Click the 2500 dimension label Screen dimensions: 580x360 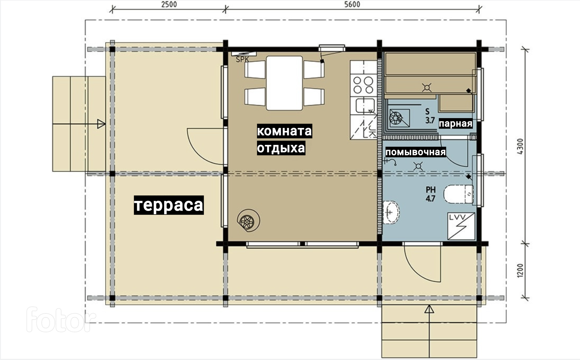(169, 4)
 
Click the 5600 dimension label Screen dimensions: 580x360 (352, 4)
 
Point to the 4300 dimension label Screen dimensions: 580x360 (520, 146)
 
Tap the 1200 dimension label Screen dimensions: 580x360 (520, 270)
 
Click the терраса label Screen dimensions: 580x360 (169, 205)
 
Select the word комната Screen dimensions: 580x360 (284, 131)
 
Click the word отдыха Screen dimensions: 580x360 (281, 148)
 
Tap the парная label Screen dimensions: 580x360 (456, 123)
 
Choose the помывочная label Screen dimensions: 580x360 (416, 152)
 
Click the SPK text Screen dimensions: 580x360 (242, 60)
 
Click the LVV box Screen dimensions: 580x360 (461, 226)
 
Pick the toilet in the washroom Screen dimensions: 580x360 (459, 194)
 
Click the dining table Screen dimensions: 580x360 (284, 83)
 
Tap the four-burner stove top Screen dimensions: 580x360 (363, 85)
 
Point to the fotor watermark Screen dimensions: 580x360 (61, 319)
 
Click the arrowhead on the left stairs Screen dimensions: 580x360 (101, 124)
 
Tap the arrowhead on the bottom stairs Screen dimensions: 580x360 (429, 309)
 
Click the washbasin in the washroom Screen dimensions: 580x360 (390, 212)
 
